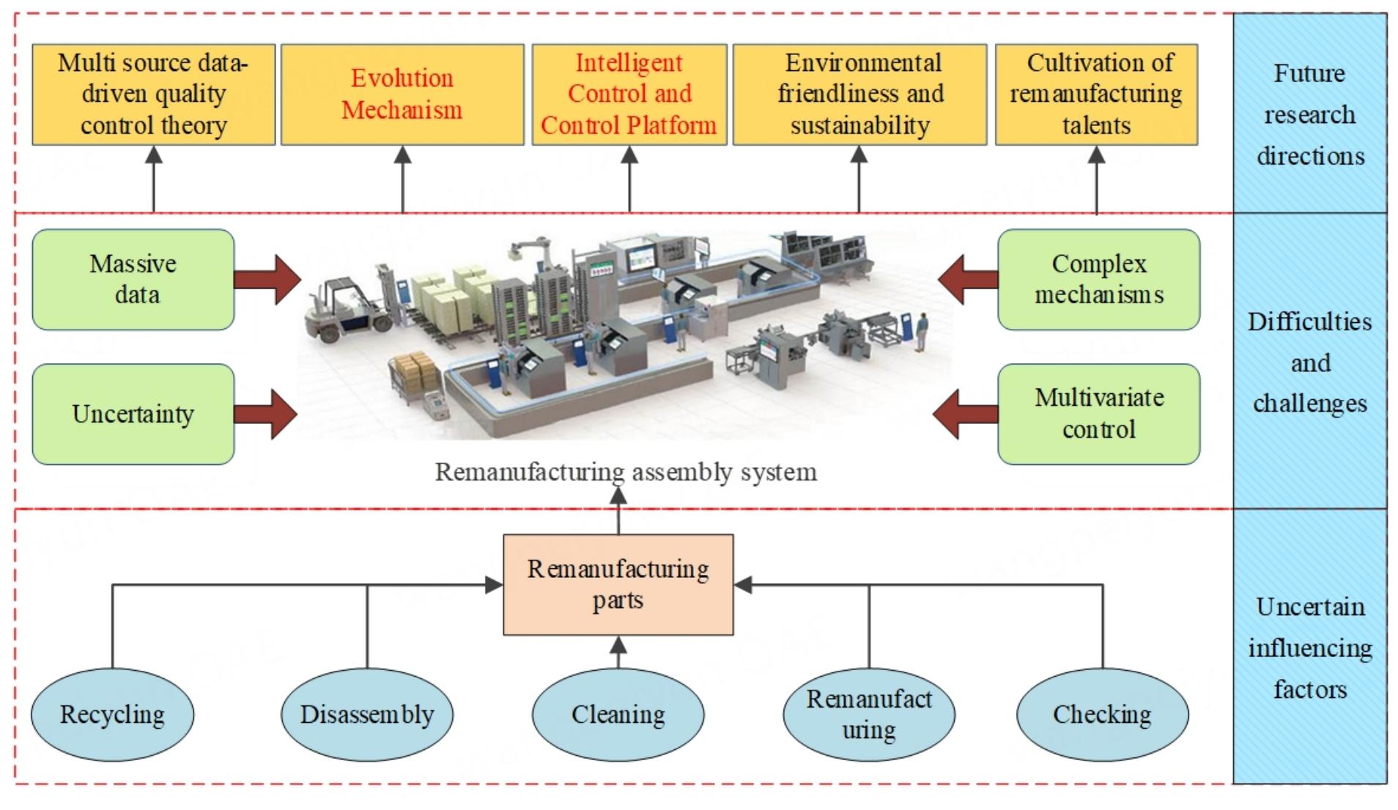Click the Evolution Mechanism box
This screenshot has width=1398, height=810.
(x=402, y=94)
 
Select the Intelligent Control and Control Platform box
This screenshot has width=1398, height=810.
(x=629, y=94)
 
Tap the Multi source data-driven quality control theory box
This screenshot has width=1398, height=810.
(x=154, y=94)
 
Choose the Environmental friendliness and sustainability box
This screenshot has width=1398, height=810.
(x=859, y=94)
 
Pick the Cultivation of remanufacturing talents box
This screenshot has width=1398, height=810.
(x=1096, y=94)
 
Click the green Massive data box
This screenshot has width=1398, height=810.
(x=133, y=279)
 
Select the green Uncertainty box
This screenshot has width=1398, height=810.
(x=133, y=414)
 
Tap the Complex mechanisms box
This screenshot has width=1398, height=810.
(x=1098, y=279)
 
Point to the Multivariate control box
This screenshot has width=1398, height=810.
(x=1098, y=414)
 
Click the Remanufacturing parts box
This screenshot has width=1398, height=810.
(x=618, y=584)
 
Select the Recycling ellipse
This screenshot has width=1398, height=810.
(x=112, y=714)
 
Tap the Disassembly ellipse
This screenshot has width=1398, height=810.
(x=367, y=714)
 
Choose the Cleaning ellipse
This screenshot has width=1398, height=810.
(x=618, y=714)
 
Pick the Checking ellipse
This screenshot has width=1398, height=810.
(x=1102, y=714)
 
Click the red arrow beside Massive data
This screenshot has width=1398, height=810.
(x=268, y=279)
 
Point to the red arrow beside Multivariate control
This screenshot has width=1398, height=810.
(x=966, y=414)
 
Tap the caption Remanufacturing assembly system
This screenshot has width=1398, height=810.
(x=626, y=472)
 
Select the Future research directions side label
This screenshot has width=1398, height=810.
(x=1310, y=114)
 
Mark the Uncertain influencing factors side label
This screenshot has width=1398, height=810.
(x=1310, y=647)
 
